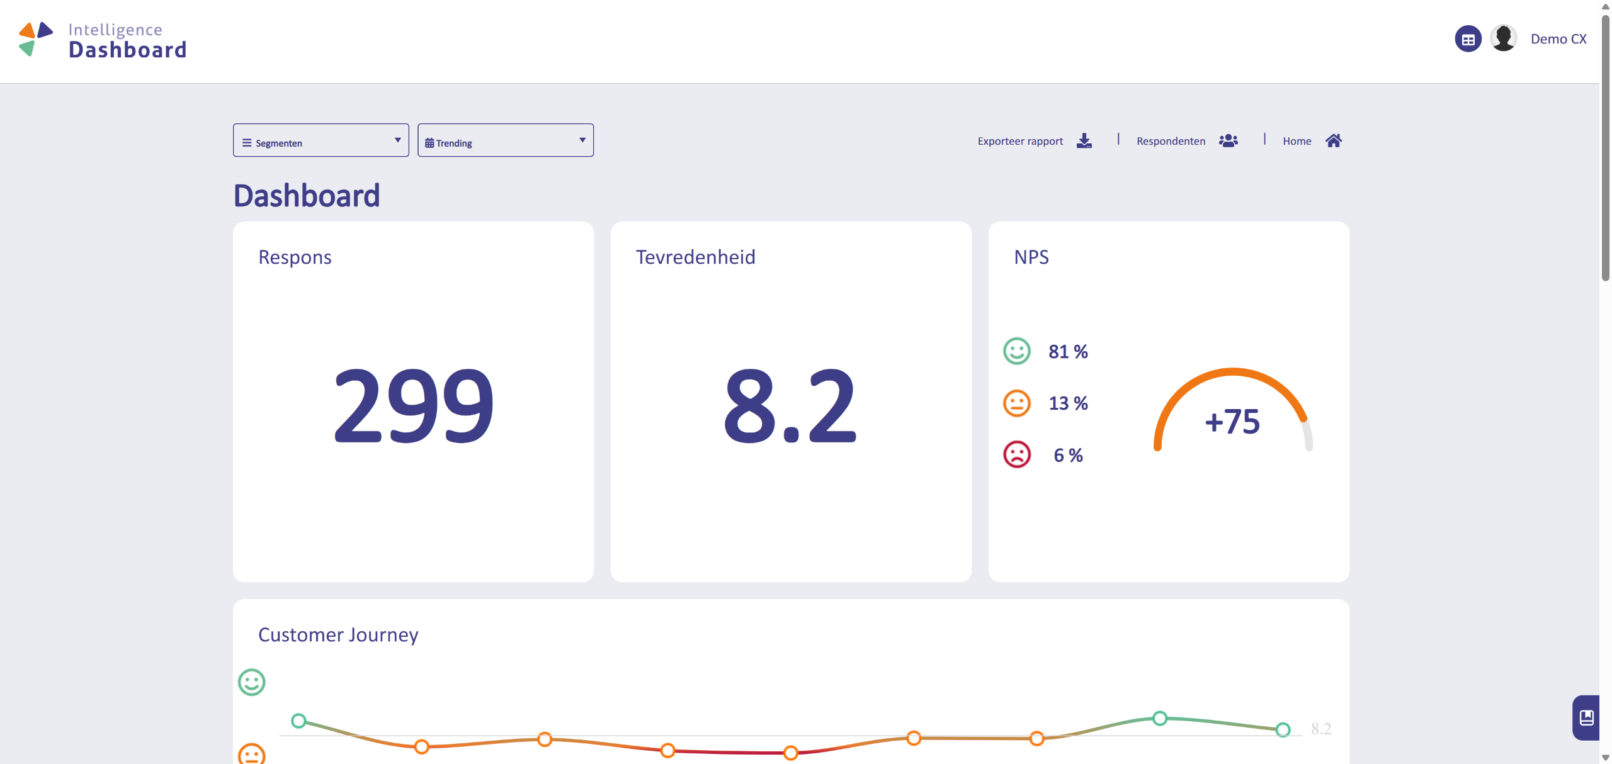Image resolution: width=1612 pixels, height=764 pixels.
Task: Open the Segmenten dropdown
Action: click(x=321, y=140)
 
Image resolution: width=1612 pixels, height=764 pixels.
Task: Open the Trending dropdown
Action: click(x=506, y=140)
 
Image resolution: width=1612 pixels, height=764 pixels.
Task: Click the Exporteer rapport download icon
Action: click(x=1084, y=140)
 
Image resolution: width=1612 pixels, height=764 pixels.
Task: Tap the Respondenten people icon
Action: click(x=1228, y=140)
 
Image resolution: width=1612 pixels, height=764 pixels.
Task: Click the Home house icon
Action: click(x=1334, y=140)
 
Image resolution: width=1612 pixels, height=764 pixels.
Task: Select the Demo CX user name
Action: click(x=1558, y=39)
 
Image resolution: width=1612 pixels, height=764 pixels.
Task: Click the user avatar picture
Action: click(x=1504, y=38)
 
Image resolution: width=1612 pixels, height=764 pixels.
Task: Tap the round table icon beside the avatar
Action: click(x=1468, y=39)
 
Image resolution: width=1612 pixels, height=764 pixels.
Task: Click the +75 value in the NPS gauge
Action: click(x=1232, y=422)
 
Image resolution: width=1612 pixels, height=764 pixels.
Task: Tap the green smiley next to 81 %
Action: click(x=1017, y=351)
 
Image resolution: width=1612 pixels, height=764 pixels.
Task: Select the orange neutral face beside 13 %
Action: click(x=1017, y=403)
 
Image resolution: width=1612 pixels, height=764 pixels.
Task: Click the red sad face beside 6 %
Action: click(x=1017, y=454)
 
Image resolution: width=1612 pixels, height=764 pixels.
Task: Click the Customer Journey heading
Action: click(x=338, y=635)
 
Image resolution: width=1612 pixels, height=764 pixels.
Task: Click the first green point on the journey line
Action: click(x=299, y=721)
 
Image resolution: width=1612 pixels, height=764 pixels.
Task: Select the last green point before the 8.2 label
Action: click(x=1283, y=729)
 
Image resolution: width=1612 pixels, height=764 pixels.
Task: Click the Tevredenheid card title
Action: click(x=696, y=257)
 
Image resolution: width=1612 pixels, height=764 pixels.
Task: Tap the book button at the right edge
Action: click(x=1586, y=717)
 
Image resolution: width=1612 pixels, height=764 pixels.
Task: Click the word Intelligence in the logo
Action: click(x=115, y=30)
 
